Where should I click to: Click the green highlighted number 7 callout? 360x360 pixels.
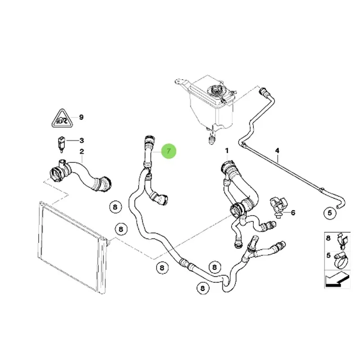tap(169, 151)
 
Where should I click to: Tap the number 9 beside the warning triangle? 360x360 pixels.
tap(81, 117)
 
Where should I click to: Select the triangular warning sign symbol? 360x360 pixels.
tap(62, 118)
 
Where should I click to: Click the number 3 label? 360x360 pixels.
tap(81, 140)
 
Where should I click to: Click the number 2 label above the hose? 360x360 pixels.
tap(82, 152)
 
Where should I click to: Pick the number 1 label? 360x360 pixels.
tap(227, 151)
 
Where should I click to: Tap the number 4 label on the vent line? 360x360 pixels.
tap(277, 151)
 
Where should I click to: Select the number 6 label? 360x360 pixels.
tap(293, 212)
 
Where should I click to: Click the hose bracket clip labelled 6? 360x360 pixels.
tap(279, 207)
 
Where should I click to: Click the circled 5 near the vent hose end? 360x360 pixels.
tap(330, 213)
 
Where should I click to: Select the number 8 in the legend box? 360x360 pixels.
tap(328, 238)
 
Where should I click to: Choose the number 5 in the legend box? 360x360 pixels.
tap(328, 255)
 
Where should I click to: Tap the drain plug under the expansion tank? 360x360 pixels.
tap(211, 139)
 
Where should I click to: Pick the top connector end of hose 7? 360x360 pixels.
tap(149, 140)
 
